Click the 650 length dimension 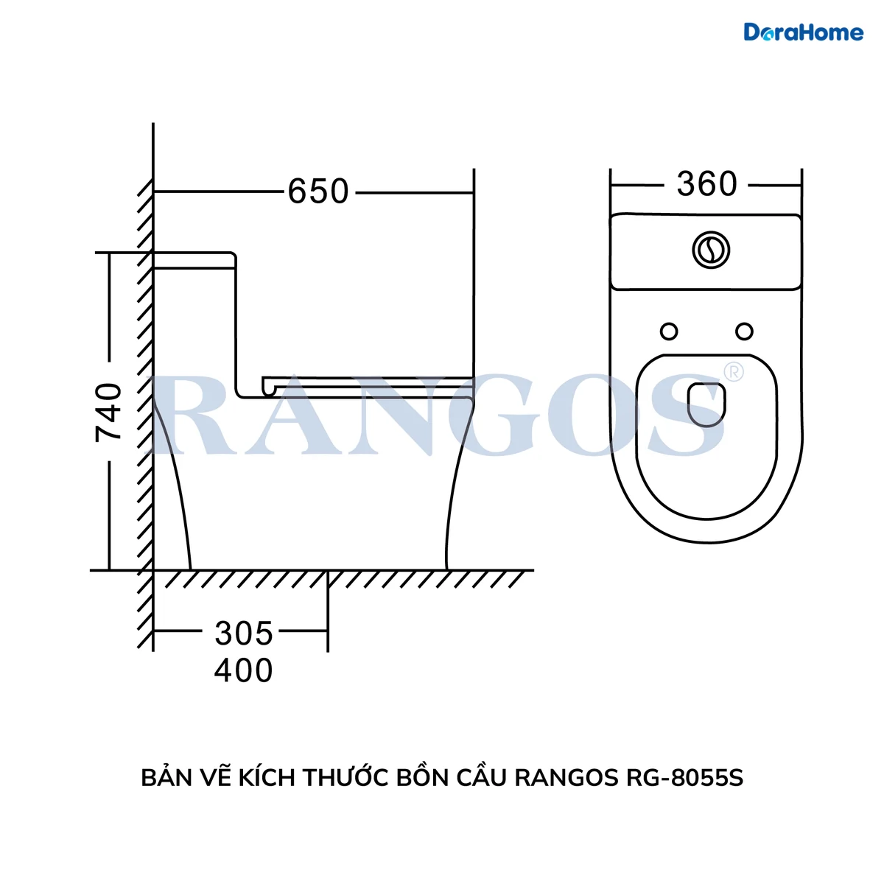click(318, 192)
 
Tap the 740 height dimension click(108, 413)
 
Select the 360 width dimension click(706, 184)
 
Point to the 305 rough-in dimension click(244, 634)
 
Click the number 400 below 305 click(244, 670)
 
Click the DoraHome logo click(803, 32)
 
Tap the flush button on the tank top click(711, 250)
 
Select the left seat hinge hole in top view click(669, 331)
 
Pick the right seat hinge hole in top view click(744, 331)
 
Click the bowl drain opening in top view click(706, 404)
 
